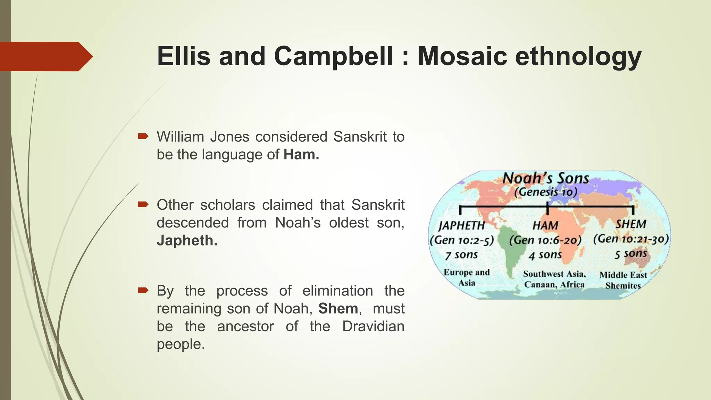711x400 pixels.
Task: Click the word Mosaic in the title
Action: point(462,56)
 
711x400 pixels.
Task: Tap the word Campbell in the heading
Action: point(334,56)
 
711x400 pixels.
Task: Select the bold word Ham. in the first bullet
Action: point(301,155)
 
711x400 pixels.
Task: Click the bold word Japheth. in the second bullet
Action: point(187,240)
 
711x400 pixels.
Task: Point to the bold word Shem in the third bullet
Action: point(338,308)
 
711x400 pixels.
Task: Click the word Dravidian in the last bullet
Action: point(373,326)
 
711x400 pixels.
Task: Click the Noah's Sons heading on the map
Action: point(546,178)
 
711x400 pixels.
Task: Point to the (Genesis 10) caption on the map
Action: point(546,192)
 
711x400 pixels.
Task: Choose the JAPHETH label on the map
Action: point(461,225)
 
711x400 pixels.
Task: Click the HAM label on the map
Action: point(545,225)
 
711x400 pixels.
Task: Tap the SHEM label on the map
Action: point(631,224)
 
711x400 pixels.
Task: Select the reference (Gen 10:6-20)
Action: point(545,240)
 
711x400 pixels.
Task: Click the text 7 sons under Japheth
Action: point(462,255)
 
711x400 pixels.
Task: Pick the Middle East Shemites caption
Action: point(623,280)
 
